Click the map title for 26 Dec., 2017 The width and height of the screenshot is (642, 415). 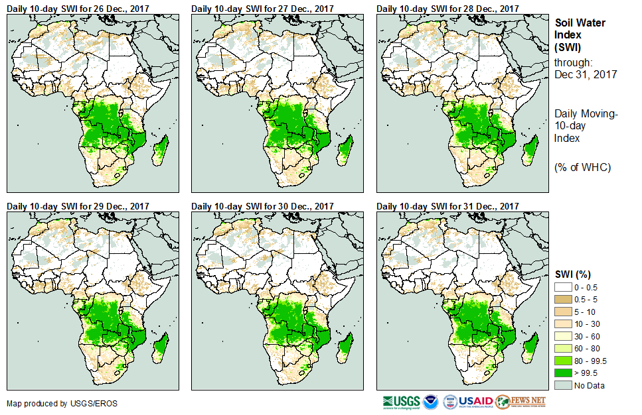point(77,8)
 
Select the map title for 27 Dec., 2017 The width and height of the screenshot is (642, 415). point(262,8)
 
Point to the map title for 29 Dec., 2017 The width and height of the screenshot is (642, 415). point(77,206)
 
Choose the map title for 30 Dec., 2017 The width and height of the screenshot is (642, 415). point(262,206)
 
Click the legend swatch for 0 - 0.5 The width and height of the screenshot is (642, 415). point(564,286)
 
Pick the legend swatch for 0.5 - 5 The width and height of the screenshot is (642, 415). point(564,298)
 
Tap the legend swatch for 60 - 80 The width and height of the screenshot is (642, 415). point(564,348)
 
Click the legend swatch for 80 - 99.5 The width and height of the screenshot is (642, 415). point(564,361)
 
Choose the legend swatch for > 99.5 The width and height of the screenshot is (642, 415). point(564,373)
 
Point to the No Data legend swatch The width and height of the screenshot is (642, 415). point(564,385)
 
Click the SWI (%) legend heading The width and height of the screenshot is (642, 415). point(573,274)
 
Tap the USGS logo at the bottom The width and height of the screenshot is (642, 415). point(400,402)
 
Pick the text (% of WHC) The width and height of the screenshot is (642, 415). point(582,167)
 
